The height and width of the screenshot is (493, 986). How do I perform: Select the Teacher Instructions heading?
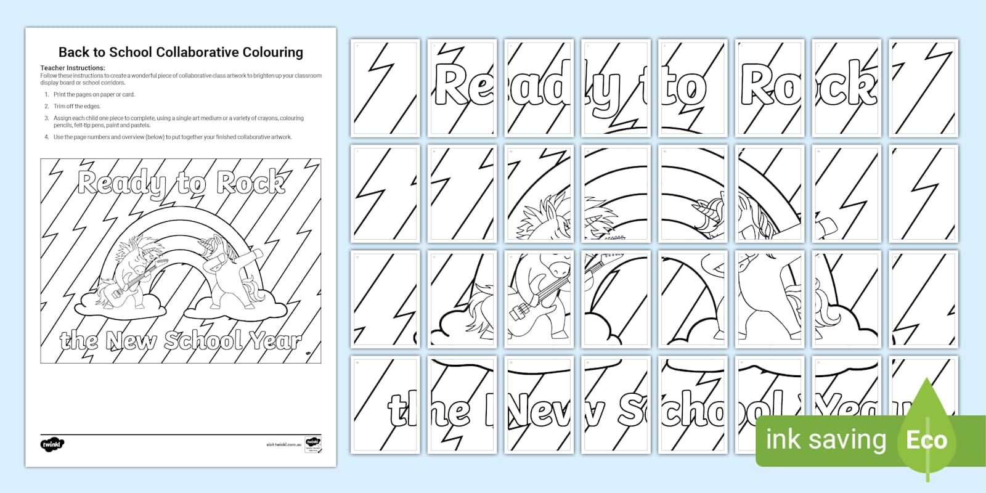73,68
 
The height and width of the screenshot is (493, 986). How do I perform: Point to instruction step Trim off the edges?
76,106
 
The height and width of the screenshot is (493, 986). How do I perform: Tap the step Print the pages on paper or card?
94,94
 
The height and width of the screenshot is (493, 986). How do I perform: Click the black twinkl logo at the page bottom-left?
52,444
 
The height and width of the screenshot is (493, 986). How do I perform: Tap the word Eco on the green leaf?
926,440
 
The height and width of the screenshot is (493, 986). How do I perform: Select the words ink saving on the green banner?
826,440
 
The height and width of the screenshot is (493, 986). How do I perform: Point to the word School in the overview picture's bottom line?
203,340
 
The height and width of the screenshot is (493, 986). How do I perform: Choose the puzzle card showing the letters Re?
462,88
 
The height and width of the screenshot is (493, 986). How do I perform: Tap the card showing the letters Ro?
770,88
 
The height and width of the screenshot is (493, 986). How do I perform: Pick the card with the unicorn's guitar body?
539,298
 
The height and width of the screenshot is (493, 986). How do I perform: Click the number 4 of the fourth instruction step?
46,137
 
